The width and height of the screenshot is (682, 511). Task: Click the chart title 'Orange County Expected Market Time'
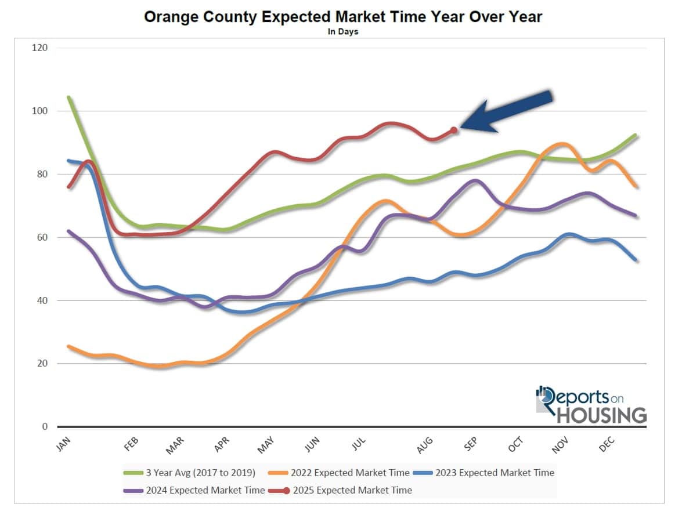tap(342, 17)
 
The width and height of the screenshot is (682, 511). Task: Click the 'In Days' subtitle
tap(342, 32)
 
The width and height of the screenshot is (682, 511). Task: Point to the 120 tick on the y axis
tap(40, 48)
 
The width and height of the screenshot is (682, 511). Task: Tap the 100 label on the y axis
tap(40, 111)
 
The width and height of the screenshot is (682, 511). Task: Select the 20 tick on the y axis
tap(42, 364)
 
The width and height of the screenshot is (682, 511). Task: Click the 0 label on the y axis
tap(45, 427)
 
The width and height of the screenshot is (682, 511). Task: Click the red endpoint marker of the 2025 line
tap(454, 131)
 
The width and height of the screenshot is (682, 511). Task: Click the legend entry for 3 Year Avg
tap(188, 473)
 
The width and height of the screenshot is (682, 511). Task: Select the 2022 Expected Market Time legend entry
tap(343, 473)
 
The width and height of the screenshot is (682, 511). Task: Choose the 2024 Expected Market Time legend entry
tap(194, 490)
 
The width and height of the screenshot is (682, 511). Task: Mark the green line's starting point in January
tap(69, 97)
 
